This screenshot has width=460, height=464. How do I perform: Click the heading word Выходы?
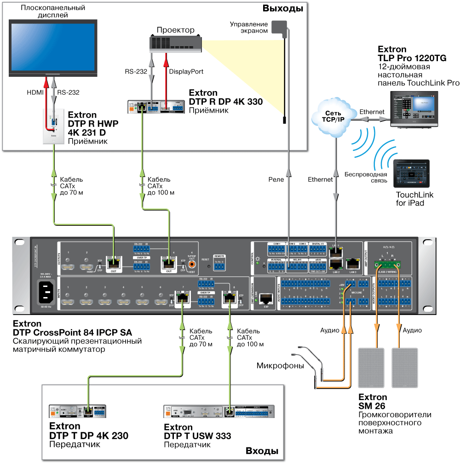(x=282, y=9)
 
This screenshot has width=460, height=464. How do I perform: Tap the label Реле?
(x=276, y=180)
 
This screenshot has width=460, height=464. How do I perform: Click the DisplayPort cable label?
(x=186, y=72)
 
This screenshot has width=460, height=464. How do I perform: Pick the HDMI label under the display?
(x=34, y=92)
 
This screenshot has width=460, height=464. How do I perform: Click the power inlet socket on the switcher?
(x=46, y=291)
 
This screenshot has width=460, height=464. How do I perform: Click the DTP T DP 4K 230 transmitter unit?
(x=77, y=411)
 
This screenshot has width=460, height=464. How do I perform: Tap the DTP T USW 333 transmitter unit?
(x=219, y=411)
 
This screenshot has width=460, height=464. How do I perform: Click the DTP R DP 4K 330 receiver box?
(x=156, y=106)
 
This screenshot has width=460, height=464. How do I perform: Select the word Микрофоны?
(x=280, y=366)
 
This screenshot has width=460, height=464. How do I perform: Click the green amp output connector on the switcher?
(x=386, y=264)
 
